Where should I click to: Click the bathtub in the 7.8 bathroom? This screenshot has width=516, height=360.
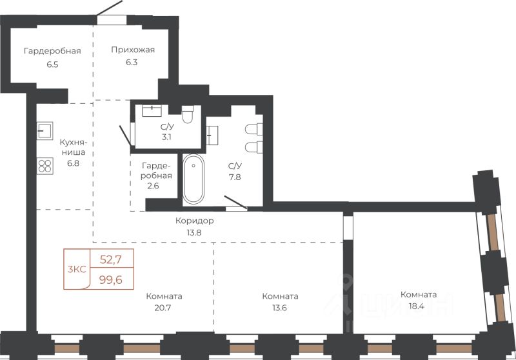pyautogui.click(x=193, y=179)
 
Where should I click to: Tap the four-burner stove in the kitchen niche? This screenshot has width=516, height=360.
pyautogui.click(x=45, y=166)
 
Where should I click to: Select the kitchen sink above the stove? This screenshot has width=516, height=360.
pyautogui.click(x=45, y=131)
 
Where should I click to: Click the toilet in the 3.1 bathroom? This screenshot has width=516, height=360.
pyautogui.click(x=188, y=114)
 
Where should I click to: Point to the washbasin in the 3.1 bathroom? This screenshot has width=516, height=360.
pyautogui.click(x=152, y=111)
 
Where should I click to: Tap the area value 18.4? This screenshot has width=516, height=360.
pyautogui.click(x=418, y=306)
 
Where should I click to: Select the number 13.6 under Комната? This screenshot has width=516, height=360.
pyautogui.click(x=280, y=308)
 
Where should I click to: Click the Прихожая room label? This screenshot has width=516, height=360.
pyautogui.click(x=133, y=50)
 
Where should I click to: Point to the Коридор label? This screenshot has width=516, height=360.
pyautogui.click(x=195, y=221)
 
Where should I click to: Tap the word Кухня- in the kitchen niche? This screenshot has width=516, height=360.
pyautogui.click(x=73, y=143)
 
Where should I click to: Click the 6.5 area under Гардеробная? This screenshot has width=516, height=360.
pyautogui.click(x=52, y=64)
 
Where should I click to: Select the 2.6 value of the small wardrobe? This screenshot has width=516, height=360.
pyautogui.click(x=153, y=186)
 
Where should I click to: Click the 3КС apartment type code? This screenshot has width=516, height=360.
pyautogui.click(x=77, y=269)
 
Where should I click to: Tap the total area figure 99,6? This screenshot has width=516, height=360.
pyautogui.click(x=111, y=280)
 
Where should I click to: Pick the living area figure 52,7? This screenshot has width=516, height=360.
pyautogui.click(x=111, y=259)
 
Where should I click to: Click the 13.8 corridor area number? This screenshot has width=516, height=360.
pyautogui.click(x=194, y=232)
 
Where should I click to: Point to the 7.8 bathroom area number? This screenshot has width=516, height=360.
pyautogui.click(x=235, y=177)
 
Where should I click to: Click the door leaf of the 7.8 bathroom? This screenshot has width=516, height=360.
pyautogui.click(x=235, y=203)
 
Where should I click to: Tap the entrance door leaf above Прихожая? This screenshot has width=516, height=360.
pyautogui.click(x=110, y=8)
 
